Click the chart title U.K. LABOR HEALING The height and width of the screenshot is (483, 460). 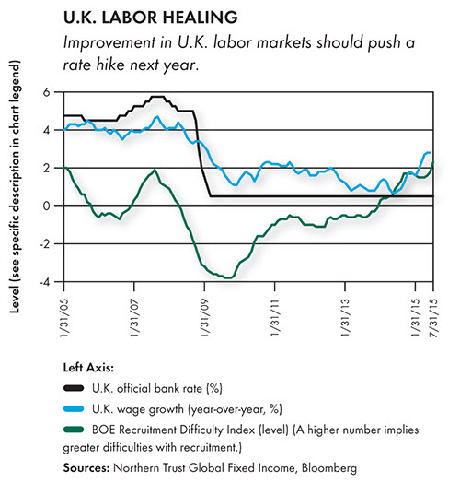coord(150,18)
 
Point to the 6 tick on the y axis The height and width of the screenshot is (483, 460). coord(46,92)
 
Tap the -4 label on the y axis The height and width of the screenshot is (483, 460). coord(44,282)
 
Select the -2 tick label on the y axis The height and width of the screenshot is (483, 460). coord(44,243)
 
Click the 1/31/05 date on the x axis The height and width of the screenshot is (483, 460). coord(64,317)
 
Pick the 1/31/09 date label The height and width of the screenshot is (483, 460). coord(205,317)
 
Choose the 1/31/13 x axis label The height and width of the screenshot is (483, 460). coord(345,317)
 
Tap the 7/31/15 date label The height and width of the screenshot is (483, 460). coord(433,317)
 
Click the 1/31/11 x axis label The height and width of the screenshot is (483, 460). coord(275,317)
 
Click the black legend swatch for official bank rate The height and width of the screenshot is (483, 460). coord(74,388)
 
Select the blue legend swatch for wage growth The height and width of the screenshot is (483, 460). coord(74,409)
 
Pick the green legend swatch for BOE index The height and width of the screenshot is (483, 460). coord(74,430)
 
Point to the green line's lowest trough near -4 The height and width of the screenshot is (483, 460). coord(229,277)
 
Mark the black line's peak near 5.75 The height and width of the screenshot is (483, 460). coord(156,97)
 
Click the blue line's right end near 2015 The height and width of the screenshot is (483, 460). coord(431,152)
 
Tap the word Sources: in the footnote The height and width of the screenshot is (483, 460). coord(86,468)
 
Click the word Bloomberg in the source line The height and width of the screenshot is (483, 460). coord(329,468)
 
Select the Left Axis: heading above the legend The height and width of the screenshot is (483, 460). coord(88,368)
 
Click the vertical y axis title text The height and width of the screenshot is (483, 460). coord(15,187)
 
